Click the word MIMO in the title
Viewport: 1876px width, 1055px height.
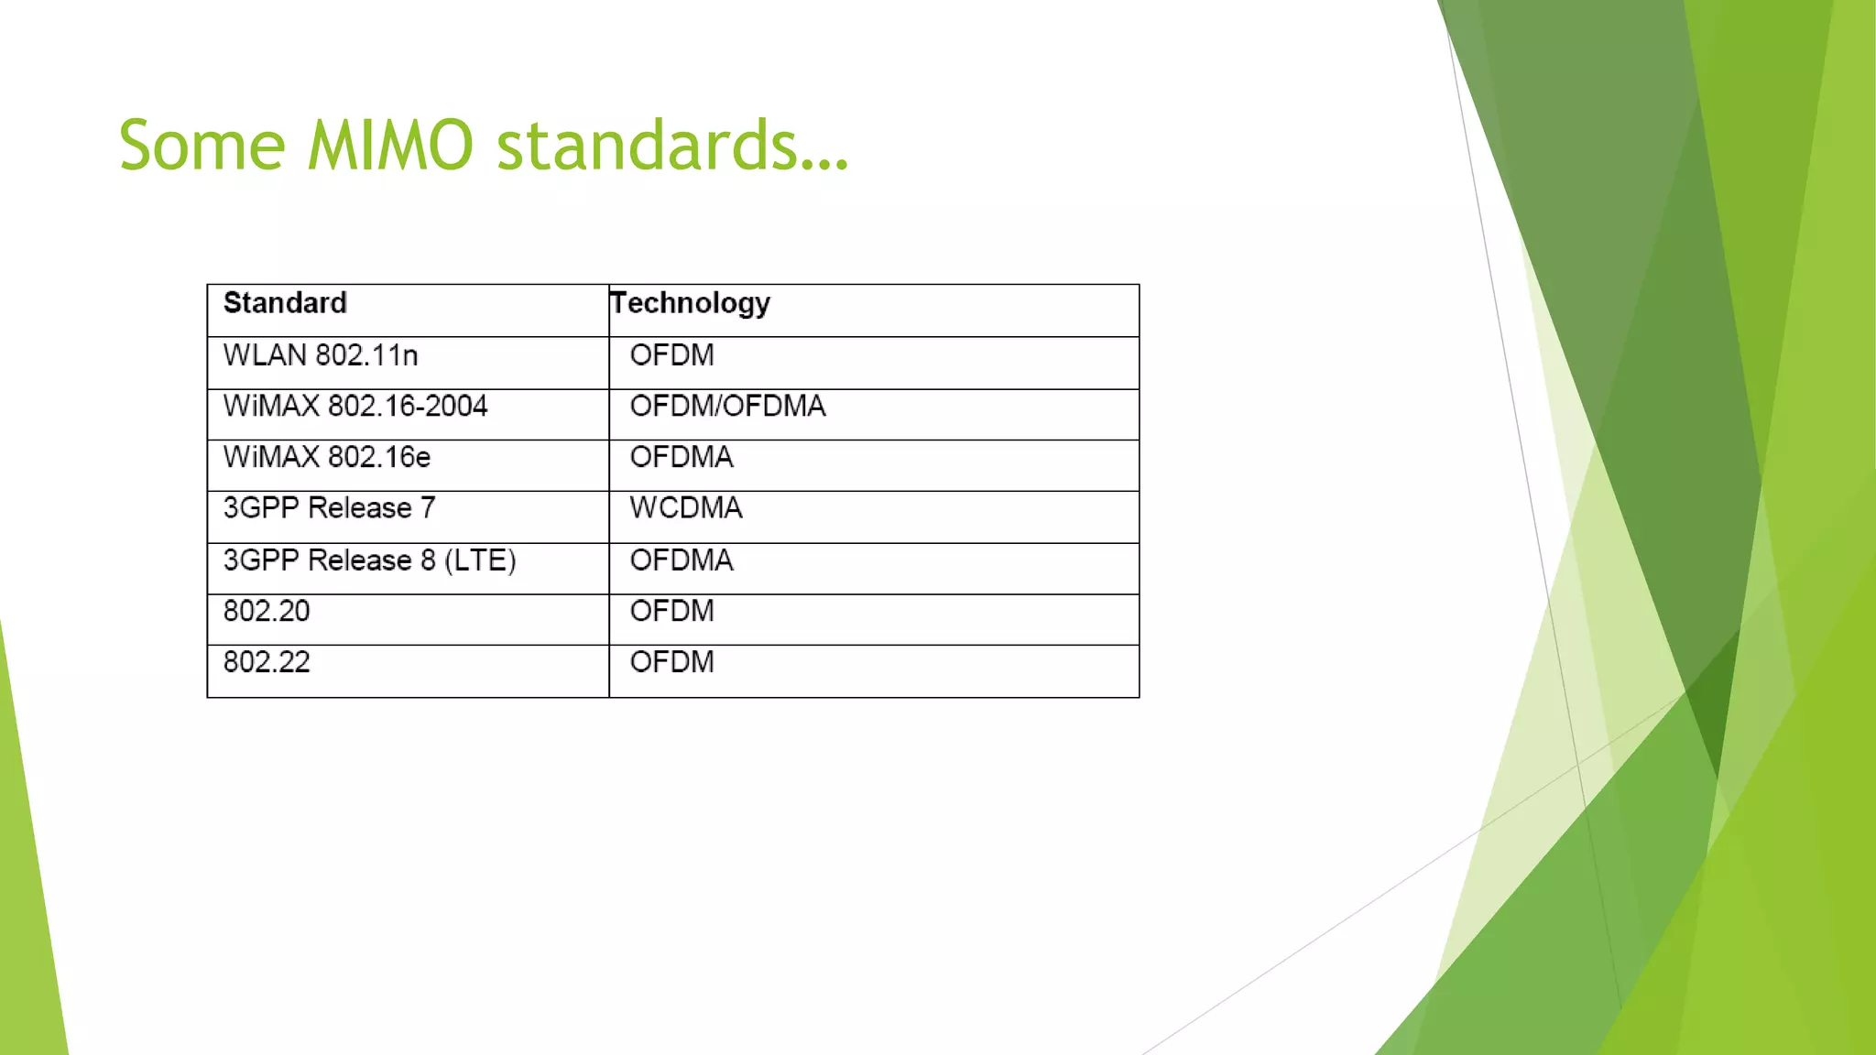390,146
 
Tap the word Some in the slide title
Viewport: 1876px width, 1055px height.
202,146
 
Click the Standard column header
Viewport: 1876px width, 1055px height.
285,303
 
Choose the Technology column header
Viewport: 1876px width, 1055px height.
691,303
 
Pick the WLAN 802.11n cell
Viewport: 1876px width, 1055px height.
321,355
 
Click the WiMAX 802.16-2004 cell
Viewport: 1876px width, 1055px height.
355,406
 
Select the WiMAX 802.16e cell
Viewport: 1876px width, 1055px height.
327,457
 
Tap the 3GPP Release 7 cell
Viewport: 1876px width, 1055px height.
330,508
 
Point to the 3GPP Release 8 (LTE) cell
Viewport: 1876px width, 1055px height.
369,560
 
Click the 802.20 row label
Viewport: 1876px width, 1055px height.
267,611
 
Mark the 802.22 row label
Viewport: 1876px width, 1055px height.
267,662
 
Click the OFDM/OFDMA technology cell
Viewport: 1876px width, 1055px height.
727,406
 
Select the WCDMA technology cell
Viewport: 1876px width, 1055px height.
686,508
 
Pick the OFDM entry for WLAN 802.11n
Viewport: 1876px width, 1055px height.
671,355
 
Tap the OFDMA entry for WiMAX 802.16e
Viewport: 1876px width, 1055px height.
682,457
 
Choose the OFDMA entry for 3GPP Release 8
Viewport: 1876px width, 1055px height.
682,560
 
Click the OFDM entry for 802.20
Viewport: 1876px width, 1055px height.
671,611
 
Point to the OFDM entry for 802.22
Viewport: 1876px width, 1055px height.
671,662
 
